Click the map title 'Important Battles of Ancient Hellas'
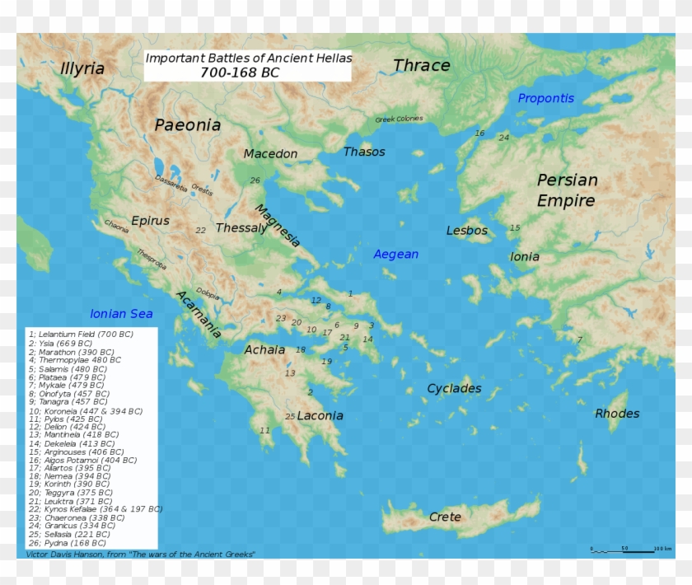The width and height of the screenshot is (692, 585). (248, 58)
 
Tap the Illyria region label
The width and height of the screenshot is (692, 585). (82, 68)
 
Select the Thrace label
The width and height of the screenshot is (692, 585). (421, 65)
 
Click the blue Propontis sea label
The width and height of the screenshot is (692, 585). (545, 99)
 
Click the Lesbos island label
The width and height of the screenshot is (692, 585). (467, 231)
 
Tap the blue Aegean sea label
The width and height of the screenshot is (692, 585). (396, 255)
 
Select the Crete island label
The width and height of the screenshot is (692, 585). (445, 517)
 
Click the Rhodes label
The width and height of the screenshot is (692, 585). (617, 414)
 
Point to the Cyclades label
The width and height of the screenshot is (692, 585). (454, 388)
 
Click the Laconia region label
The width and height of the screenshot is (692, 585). (320, 416)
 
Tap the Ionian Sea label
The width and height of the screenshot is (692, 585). (121, 314)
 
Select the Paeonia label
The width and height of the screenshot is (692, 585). (188, 125)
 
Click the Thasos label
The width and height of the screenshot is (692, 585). (364, 152)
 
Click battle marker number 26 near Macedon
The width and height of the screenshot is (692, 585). (255, 180)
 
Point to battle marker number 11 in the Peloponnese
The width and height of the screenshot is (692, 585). (264, 431)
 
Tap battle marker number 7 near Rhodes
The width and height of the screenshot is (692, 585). (579, 339)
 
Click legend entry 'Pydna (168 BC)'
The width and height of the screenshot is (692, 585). (68, 544)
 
